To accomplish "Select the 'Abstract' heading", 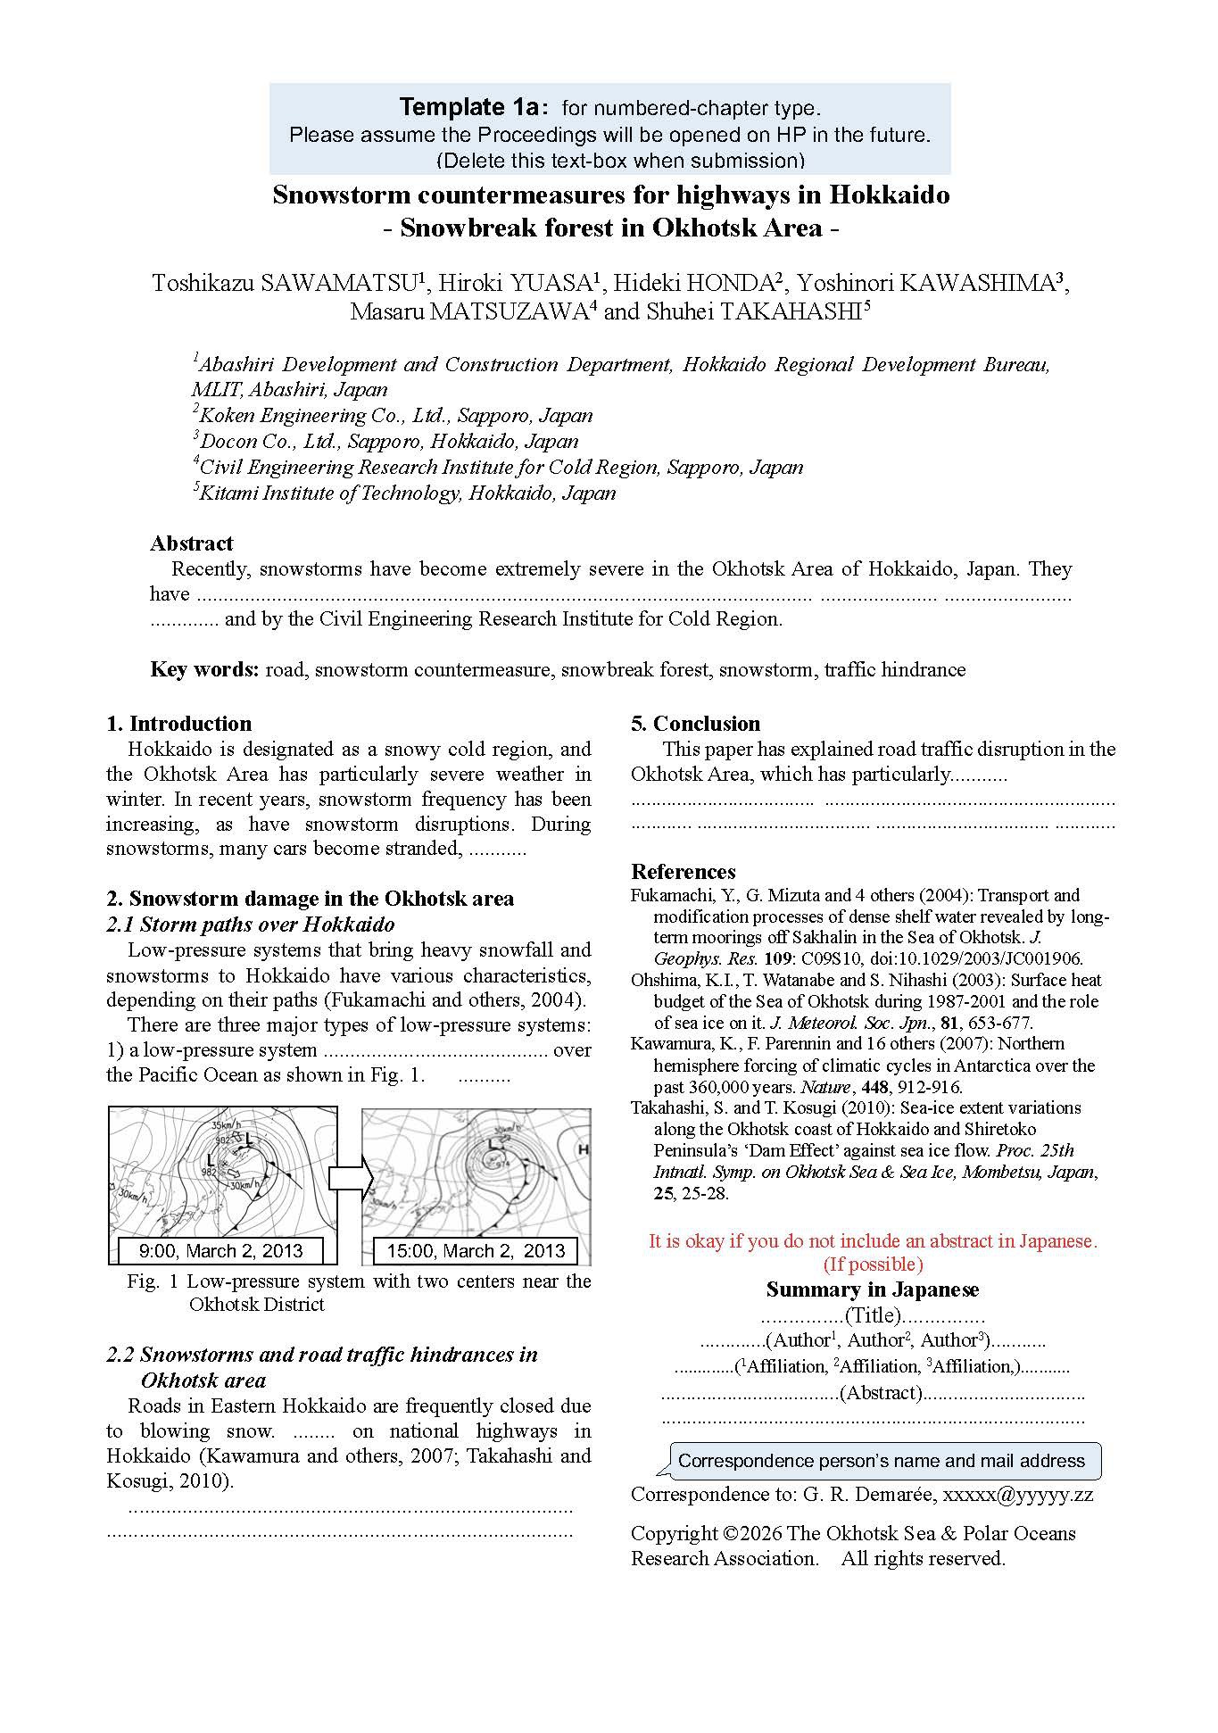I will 191,543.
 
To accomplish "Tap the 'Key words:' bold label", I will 204,669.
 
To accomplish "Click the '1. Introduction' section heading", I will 178,724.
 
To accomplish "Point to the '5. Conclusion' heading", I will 695,724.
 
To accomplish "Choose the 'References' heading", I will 683,872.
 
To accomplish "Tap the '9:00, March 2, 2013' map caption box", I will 221,1251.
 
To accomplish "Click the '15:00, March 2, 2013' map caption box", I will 476,1251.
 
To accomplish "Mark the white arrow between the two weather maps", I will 350,1178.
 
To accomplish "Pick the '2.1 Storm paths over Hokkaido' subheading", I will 250,924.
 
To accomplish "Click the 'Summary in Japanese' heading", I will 872,1289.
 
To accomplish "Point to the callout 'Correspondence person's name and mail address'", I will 881,1461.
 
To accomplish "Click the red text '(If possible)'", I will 872,1265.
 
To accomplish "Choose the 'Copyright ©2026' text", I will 707,1533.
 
